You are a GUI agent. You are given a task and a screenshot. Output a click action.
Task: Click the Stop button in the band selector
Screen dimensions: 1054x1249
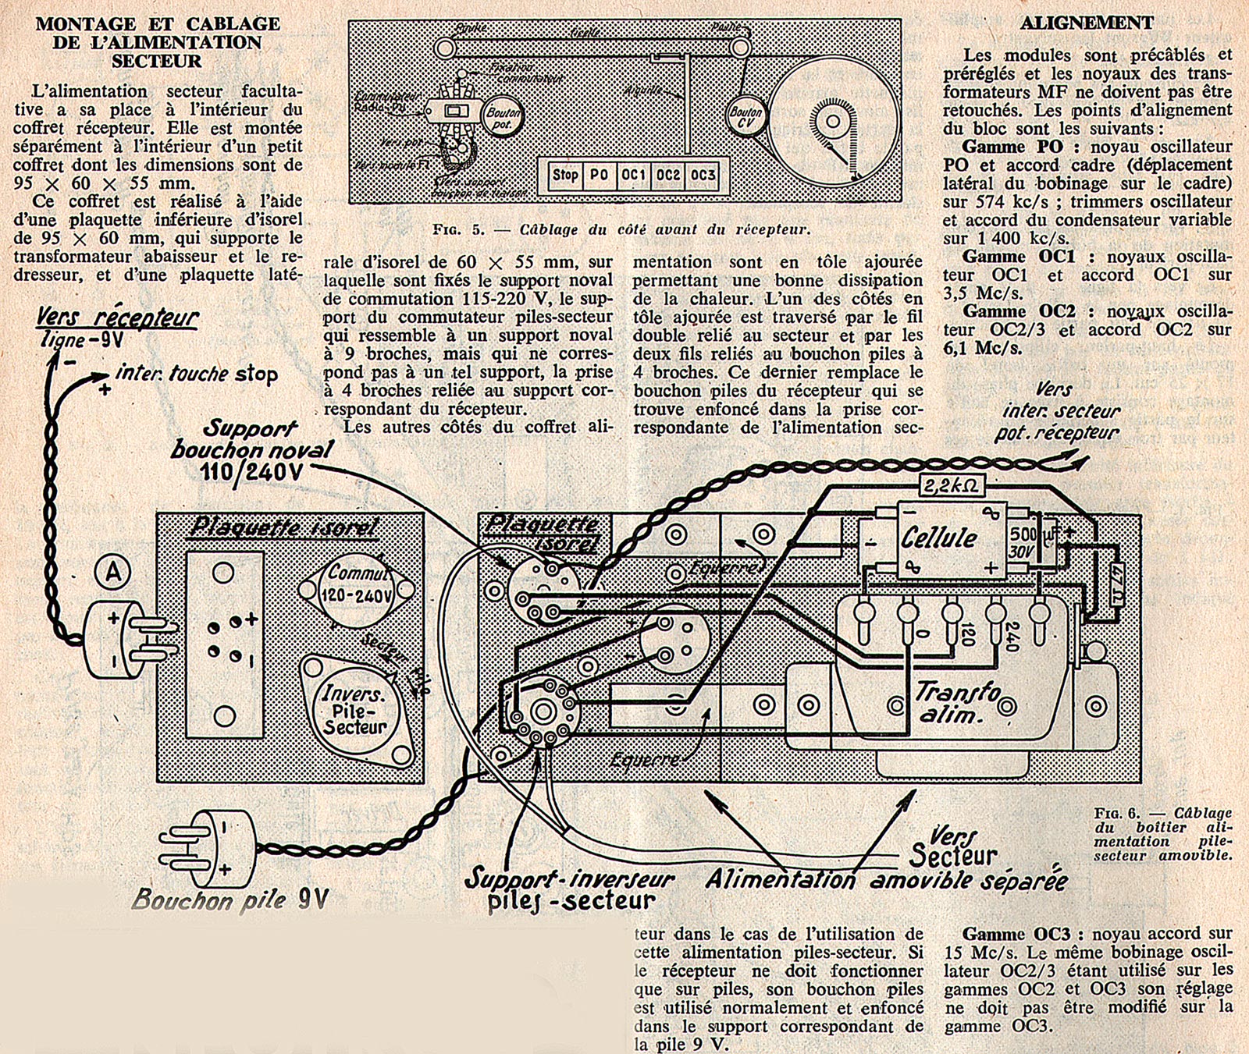(565, 175)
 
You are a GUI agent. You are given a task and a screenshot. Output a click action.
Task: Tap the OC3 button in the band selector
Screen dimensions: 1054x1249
(703, 175)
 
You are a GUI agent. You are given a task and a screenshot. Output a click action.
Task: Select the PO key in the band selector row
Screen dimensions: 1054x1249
(599, 175)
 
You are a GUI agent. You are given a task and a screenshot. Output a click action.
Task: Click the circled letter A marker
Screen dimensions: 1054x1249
(113, 573)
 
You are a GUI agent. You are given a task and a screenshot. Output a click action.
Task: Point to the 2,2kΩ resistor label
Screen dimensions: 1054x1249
(950, 486)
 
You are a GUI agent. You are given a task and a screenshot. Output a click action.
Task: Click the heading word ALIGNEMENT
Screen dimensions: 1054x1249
(1087, 23)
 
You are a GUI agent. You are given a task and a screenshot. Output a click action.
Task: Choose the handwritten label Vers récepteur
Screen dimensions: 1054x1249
(117, 318)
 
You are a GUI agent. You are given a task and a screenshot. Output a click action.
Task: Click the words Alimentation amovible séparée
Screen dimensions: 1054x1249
(886, 881)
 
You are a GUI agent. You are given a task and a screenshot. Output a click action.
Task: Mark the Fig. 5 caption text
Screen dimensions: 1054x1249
(621, 230)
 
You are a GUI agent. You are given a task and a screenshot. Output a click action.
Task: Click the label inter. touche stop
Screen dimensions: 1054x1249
(196, 374)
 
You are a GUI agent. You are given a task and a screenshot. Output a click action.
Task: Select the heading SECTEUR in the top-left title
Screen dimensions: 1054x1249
(156, 61)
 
